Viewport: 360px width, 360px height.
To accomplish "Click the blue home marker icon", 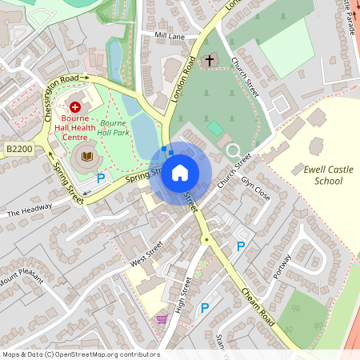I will (180, 172).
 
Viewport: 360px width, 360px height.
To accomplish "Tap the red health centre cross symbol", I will (75, 106).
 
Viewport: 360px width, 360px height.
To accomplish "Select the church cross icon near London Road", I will (210, 61).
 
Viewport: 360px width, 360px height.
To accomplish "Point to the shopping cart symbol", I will (162, 319).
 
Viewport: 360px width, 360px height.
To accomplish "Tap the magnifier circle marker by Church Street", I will (233, 150).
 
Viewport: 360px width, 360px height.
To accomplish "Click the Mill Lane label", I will (170, 37).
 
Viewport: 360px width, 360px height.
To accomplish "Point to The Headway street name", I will (30, 210).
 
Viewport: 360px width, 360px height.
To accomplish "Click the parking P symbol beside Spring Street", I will (102, 178).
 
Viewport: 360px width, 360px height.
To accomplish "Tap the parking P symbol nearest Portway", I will (240, 246).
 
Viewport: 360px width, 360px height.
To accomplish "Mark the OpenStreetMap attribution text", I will (80, 354).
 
